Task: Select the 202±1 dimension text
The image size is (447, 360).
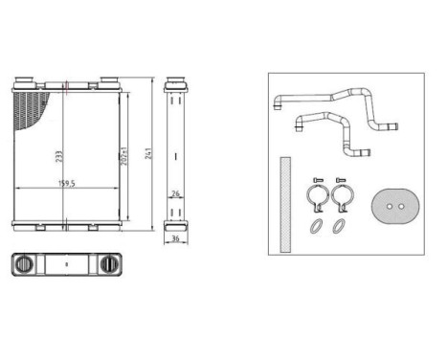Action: point(126,155)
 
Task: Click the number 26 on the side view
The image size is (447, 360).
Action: point(174,194)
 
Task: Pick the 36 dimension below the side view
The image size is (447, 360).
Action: point(175,240)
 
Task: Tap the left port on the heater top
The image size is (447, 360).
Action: point(33,81)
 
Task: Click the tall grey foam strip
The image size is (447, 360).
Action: point(284,204)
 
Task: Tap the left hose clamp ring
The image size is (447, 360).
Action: point(315,200)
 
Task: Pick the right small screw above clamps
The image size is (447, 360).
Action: point(341,181)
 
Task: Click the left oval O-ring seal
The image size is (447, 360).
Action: point(314,227)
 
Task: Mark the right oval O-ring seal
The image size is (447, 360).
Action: point(339,227)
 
